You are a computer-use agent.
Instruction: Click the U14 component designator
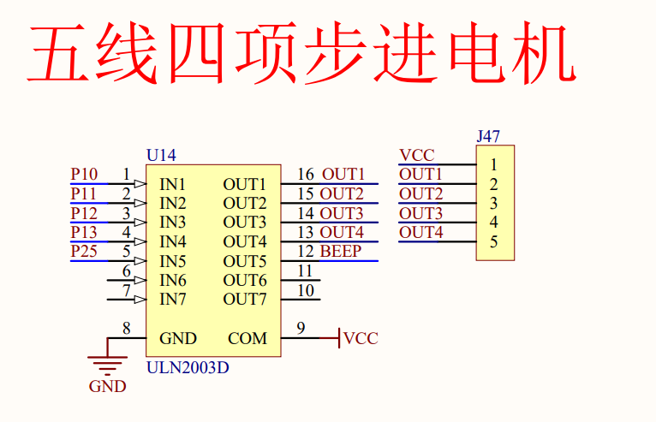tap(161, 156)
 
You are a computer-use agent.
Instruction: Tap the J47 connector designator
tap(488, 135)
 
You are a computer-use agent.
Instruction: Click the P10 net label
tap(84, 175)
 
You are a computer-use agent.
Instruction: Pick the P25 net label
tap(84, 252)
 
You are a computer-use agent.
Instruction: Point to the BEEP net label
tap(340, 252)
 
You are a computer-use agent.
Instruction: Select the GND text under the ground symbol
tap(107, 387)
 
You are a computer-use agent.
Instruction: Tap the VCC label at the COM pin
tap(361, 339)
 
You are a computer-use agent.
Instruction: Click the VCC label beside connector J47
tap(417, 156)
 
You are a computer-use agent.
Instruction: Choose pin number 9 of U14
tap(301, 327)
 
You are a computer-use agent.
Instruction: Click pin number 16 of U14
tap(305, 175)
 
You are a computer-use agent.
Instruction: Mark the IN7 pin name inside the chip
tap(173, 300)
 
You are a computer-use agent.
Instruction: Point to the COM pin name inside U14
tap(247, 339)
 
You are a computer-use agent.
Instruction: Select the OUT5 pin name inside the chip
tap(245, 261)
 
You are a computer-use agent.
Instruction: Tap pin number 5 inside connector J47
tap(494, 241)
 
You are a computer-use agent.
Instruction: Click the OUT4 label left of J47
tap(421, 233)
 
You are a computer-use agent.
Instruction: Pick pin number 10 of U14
tap(305, 290)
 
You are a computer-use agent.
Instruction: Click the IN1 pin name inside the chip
tap(173, 184)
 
